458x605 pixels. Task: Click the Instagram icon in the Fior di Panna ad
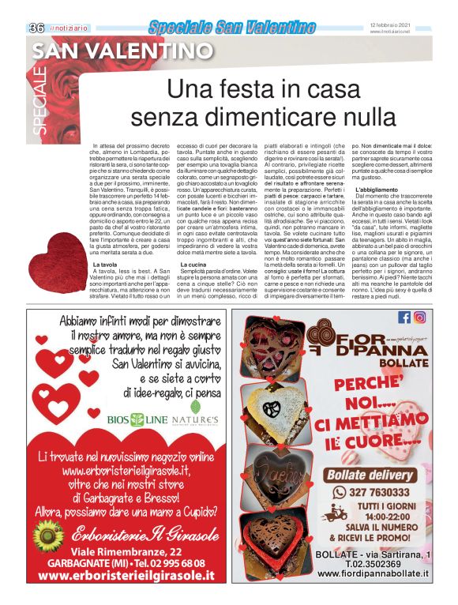pos(420,318)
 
